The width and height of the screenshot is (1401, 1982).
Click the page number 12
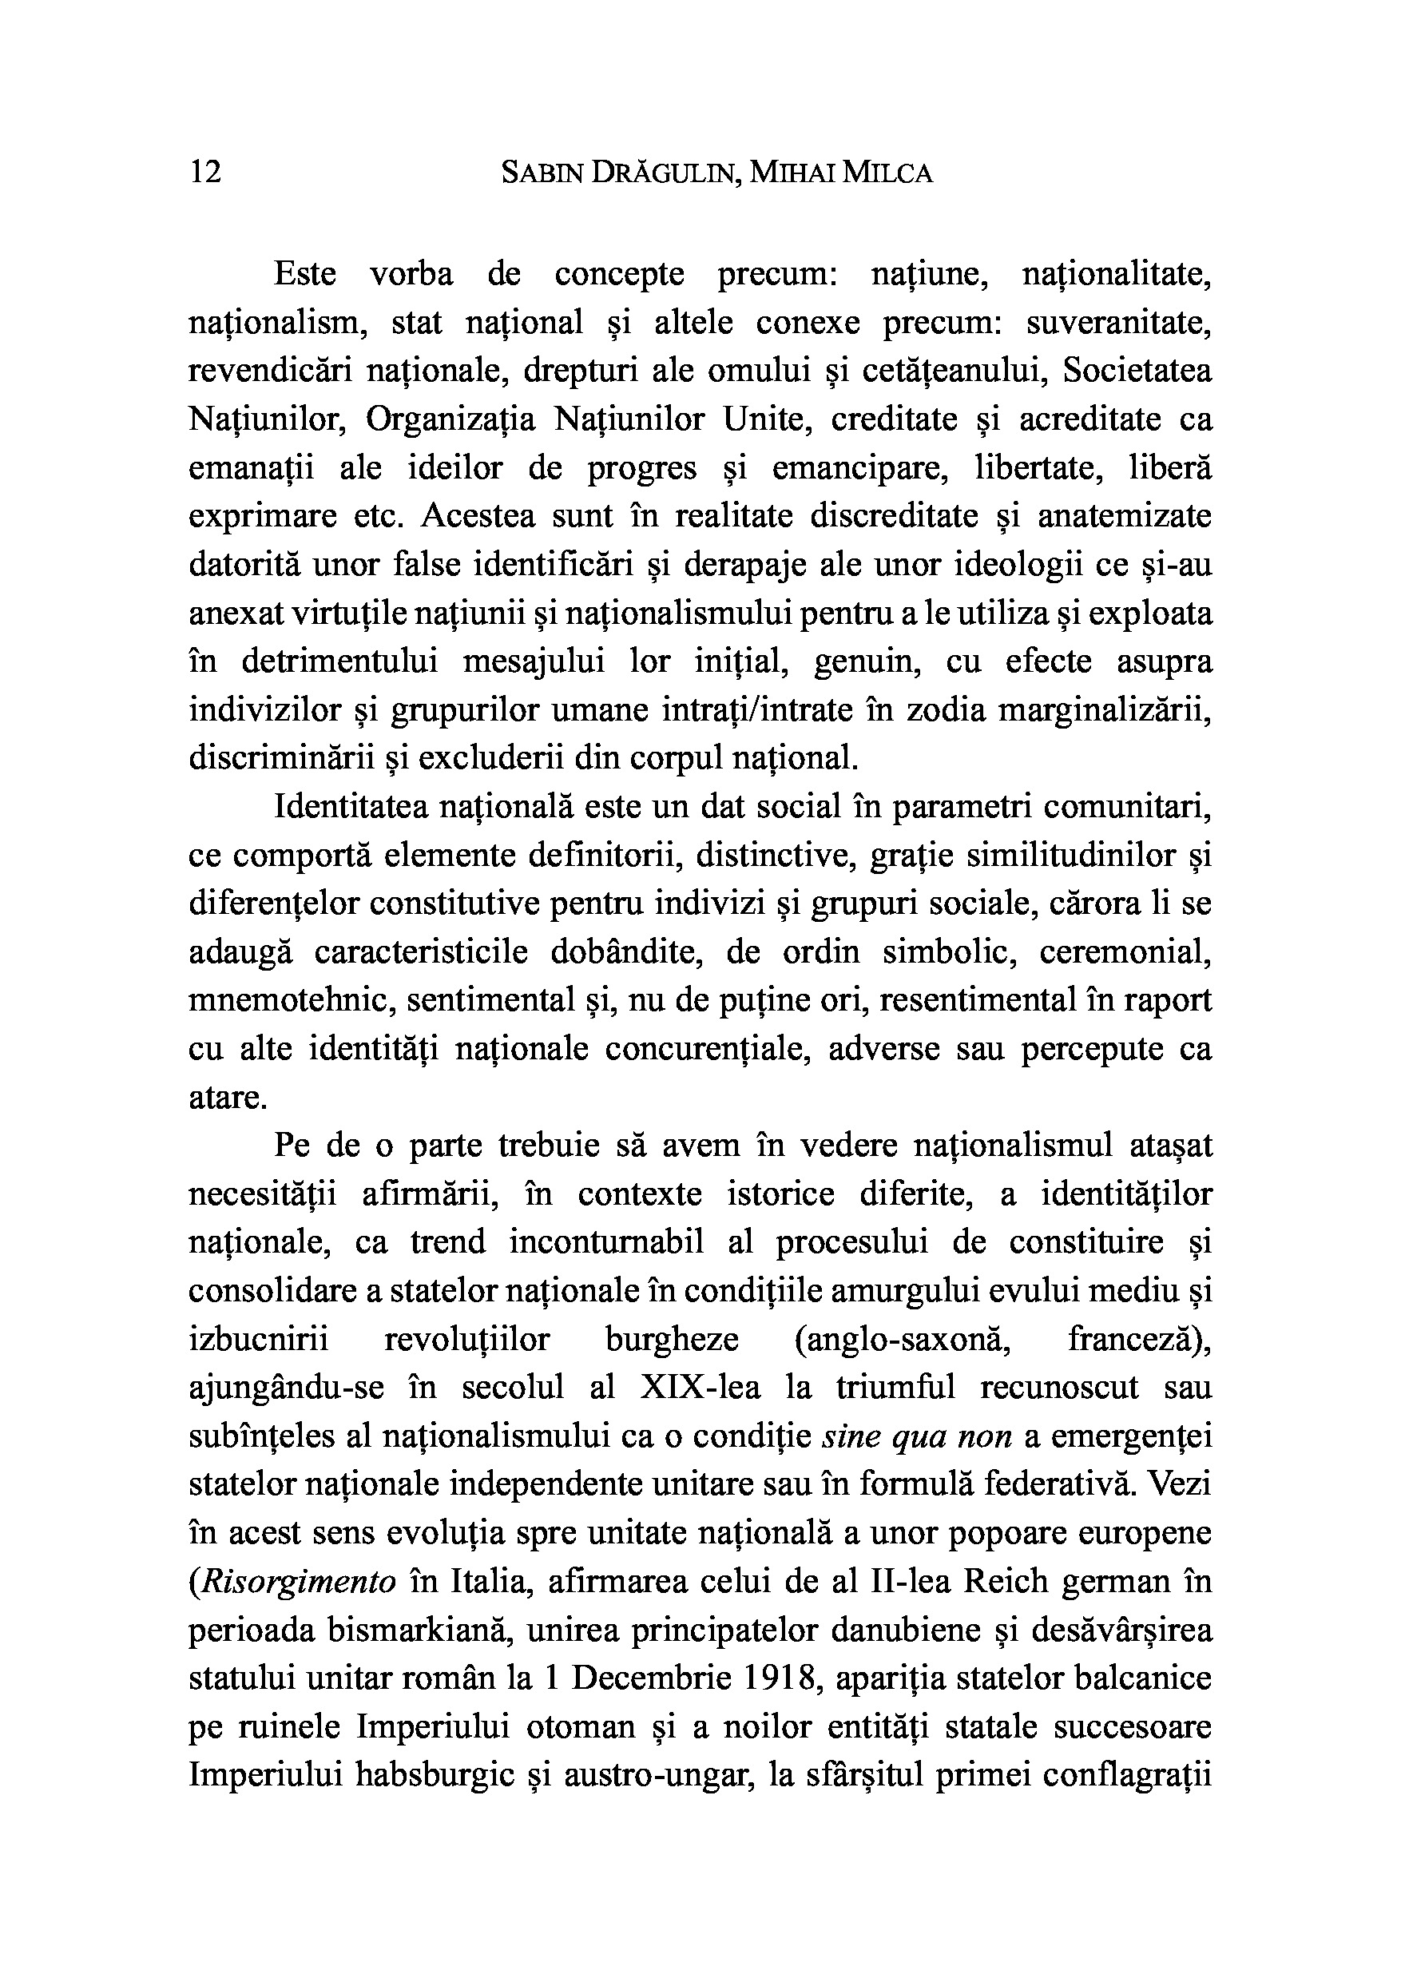click(204, 173)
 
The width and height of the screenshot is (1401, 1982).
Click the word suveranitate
click(1119, 323)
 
